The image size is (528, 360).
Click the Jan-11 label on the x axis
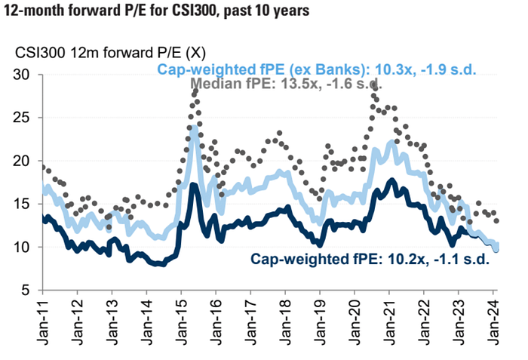click(x=42, y=318)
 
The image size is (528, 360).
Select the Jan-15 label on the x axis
click(x=182, y=318)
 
